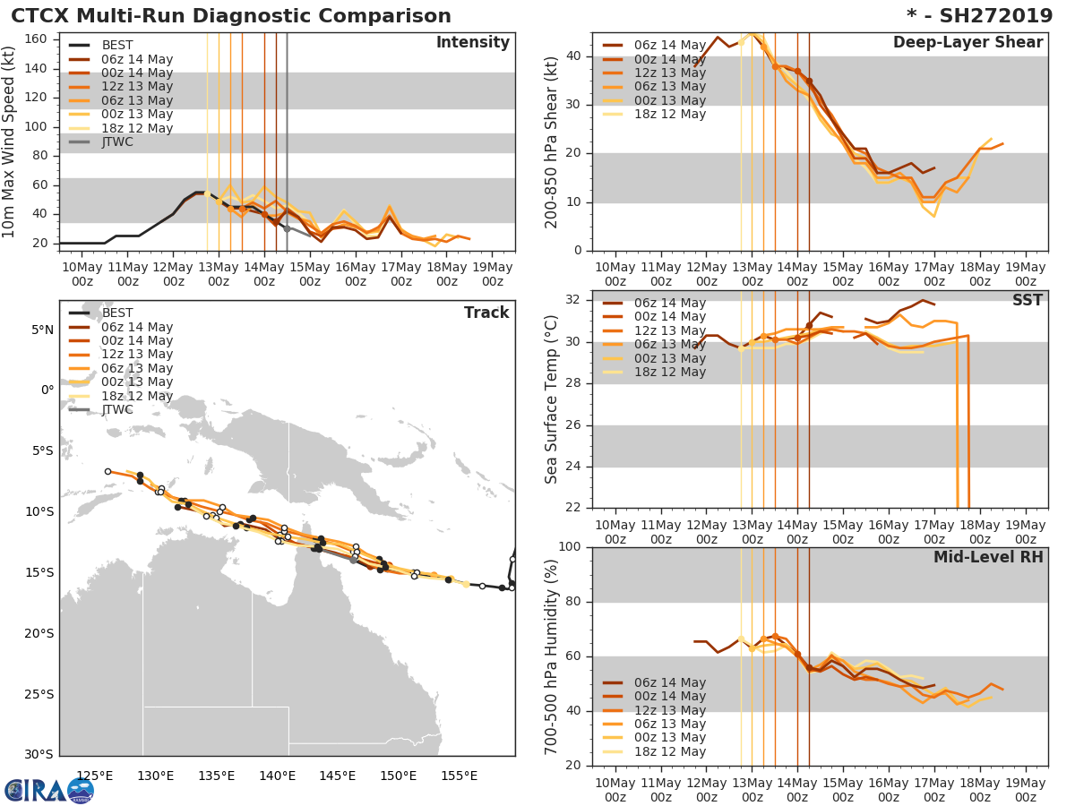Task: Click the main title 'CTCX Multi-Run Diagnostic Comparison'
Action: click(x=231, y=16)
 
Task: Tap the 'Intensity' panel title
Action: click(x=472, y=43)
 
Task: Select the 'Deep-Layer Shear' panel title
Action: click(x=967, y=43)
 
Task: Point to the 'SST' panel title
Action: click(x=1027, y=300)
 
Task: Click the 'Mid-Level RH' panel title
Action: click(x=988, y=557)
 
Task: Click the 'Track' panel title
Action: click(x=486, y=313)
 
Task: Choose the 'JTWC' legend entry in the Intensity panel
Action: click(x=117, y=141)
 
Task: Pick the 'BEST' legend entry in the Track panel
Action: click(x=117, y=313)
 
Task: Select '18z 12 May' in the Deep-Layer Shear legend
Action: click(x=670, y=114)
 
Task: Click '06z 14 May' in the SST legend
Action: click(x=670, y=303)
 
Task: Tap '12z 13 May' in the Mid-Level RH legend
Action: click(x=670, y=710)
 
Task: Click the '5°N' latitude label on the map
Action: click(x=43, y=330)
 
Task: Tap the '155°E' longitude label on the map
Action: click(x=459, y=776)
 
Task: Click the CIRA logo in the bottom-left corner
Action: click(x=48, y=790)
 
